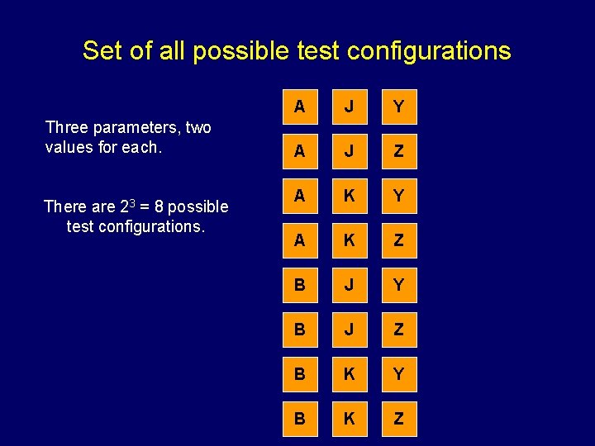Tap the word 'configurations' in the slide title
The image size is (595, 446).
[429, 51]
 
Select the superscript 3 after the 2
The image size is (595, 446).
[122, 202]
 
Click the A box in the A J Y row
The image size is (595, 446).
[299, 107]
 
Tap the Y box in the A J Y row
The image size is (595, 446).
[398, 107]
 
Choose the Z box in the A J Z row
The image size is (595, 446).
[398, 151]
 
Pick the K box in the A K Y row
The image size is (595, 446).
[349, 196]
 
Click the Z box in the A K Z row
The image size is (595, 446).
[398, 240]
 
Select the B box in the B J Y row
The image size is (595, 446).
[299, 285]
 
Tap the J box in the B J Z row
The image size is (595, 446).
[349, 330]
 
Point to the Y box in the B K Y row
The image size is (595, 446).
[398, 374]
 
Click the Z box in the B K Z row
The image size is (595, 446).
[398, 419]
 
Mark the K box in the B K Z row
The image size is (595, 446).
[349, 419]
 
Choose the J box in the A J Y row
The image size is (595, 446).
[349, 107]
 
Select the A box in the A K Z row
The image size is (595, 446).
[299, 240]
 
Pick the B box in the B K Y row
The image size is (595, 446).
[299, 374]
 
